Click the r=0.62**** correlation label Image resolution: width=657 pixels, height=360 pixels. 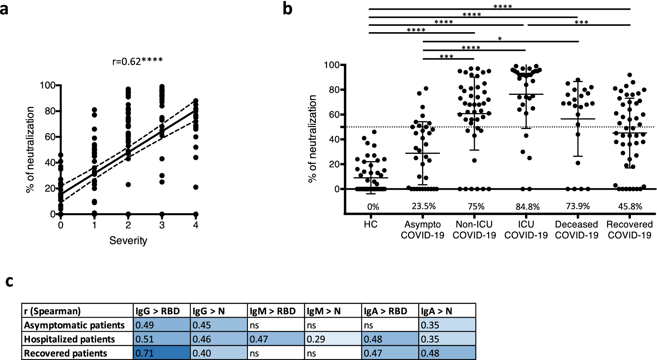(x=137, y=61)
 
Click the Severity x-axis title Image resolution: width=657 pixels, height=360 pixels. (x=128, y=241)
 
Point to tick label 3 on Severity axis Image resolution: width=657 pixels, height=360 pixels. (x=162, y=225)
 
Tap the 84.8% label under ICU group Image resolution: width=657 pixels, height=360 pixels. (x=528, y=207)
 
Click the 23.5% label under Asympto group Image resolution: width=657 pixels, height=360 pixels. (x=424, y=206)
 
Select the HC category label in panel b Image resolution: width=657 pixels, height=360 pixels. (x=371, y=224)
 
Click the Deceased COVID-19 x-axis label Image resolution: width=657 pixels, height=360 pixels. (x=577, y=230)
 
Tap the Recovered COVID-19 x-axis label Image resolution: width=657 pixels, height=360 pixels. (x=630, y=230)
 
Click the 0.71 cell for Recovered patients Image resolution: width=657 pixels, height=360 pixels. (x=162, y=353)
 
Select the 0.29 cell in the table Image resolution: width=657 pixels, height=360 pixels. (x=333, y=339)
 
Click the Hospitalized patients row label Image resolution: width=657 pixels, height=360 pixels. (x=69, y=339)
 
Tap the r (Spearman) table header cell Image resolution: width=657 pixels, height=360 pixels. (x=52, y=311)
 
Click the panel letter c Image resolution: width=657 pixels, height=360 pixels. (x=9, y=282)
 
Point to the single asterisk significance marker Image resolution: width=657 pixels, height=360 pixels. (x=500, y=39)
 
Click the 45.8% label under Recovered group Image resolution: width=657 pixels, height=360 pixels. (x=630, y=206)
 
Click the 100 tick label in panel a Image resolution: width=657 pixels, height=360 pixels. (x=47, y=85)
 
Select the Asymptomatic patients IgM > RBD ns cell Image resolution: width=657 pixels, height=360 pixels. (x=276, y=325)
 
